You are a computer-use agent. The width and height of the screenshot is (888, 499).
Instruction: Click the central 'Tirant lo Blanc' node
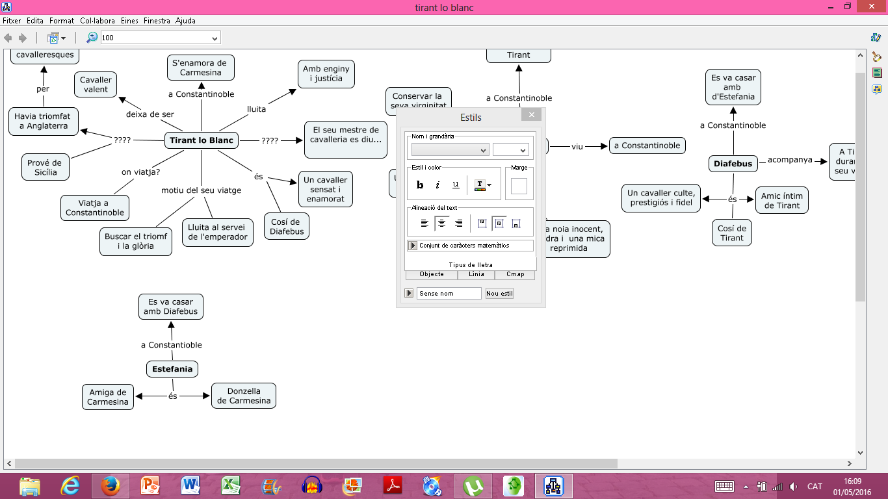(x=202, y=140)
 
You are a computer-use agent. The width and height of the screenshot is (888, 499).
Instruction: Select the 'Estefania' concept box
(x=172, y=369)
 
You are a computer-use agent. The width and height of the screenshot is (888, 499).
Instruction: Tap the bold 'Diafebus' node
(x=733, y=164)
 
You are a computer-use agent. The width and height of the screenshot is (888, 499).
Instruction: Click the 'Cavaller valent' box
(x=96, y=84)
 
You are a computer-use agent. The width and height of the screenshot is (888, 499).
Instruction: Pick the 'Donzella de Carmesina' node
(x=244, y=396)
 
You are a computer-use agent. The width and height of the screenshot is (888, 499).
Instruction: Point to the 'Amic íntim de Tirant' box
(x=782, y=201)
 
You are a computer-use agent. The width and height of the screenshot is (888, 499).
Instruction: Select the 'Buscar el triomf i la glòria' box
(x=136, y=241)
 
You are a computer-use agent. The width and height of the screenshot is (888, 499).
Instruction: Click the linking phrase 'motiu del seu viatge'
(x=202, y=190)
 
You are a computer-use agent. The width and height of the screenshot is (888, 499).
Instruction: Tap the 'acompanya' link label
(x=790, y=160)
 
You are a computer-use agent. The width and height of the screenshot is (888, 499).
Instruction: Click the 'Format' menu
(x=62, y=21)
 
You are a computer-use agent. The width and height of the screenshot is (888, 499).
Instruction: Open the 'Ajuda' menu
(x=185, y=21)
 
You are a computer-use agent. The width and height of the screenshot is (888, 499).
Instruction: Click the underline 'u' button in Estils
(x=456, y=185)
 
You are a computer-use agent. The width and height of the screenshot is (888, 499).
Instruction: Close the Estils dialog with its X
(x=532, y=114)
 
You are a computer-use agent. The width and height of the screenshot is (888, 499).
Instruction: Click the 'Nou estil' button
(x=499, y=293)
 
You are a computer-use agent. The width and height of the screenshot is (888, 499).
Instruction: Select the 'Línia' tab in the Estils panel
(x=476, y=274)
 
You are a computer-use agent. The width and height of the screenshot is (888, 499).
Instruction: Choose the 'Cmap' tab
(x=515, y=274)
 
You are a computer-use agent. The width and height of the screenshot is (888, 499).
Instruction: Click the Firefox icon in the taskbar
(x=111, y=486)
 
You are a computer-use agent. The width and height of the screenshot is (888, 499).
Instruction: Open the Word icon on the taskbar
(x=190, y=486)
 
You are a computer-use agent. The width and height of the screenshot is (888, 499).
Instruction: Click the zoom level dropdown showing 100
(x=161, y=38)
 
